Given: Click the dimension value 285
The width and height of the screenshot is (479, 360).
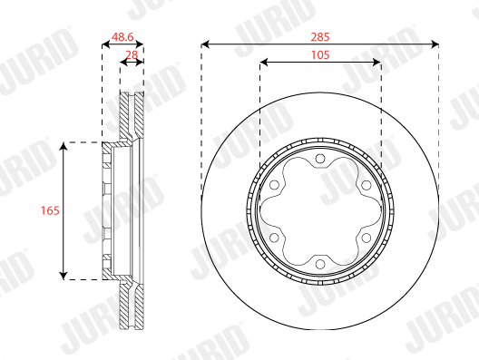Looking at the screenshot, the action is point(320,37).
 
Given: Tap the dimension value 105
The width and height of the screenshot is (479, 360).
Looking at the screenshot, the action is point(320,55).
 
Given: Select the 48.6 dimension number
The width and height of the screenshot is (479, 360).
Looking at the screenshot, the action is point(122,37).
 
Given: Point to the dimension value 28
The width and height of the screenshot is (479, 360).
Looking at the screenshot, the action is point(132,55).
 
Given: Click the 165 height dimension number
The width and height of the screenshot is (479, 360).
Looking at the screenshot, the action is point(50,210).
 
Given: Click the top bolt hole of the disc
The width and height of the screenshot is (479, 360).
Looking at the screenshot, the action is point(320,159).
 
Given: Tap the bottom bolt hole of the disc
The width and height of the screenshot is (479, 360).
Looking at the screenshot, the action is point(320,264).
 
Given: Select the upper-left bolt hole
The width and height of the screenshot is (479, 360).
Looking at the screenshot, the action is point(274,185).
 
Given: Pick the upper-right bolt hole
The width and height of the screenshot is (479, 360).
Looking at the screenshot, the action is point(366,185).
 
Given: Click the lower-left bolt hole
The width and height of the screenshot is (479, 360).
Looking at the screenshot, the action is point(274,238).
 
